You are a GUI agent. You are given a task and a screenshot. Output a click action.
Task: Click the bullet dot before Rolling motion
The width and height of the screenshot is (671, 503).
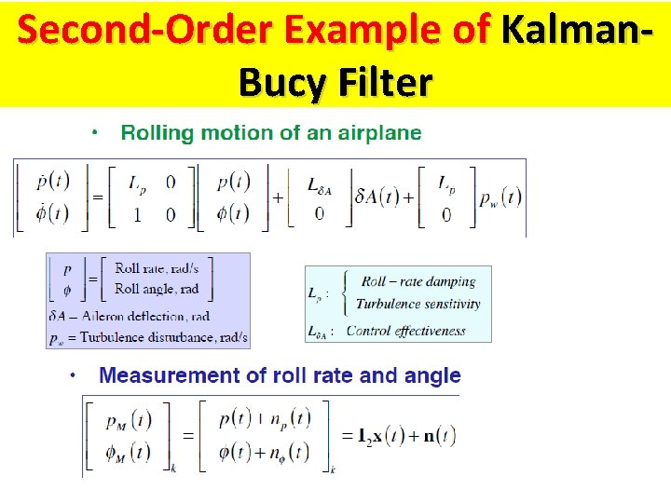[96, 132]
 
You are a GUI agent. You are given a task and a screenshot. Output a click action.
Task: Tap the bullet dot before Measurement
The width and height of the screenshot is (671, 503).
[73, 375]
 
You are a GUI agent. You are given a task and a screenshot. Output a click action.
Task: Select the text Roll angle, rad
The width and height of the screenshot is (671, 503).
[157, 289]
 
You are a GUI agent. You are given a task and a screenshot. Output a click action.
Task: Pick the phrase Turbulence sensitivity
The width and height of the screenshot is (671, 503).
[418, 304]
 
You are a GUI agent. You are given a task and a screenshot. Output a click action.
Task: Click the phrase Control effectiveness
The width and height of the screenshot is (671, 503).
[405, 331]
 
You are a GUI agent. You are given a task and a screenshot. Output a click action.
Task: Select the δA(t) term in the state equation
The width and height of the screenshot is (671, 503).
[377, 197]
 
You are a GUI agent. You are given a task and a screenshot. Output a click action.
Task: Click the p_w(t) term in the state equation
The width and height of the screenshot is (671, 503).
[500, 197]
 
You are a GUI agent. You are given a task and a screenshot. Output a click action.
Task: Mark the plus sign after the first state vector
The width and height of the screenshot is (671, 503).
[278, 197]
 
